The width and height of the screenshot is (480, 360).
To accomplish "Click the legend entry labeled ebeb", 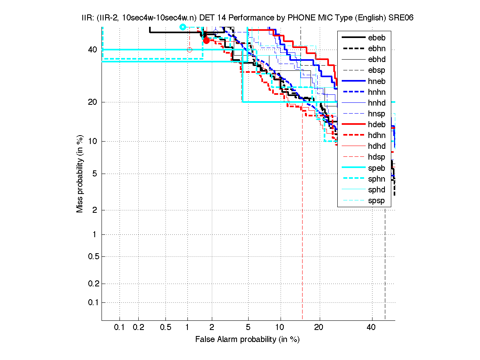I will click(376, 38).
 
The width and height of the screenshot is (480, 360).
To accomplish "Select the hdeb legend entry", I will click(376, 124).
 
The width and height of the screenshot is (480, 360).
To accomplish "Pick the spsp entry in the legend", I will click(376, 200).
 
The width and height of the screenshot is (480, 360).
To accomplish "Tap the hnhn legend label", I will click(376, 92).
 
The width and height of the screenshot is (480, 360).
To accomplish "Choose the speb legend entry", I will click(376, 168).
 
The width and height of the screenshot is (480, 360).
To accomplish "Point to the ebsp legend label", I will click(376, 70).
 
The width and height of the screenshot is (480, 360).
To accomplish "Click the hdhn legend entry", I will click(376, 136).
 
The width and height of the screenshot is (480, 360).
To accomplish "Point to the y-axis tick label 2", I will click(94, 210).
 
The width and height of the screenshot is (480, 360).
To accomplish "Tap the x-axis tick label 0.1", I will click(120, 328).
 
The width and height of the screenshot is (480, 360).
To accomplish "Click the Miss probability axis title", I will click(80, 174).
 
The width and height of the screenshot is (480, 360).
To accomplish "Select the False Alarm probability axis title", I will click(247, 340).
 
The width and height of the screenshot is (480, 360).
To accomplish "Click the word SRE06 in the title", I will click(402, 18).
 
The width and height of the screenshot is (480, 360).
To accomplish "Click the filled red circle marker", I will click(206, 40).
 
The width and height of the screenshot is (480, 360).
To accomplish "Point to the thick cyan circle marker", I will click(183, 27).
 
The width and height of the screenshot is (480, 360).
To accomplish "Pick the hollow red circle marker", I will click(189, 50).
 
